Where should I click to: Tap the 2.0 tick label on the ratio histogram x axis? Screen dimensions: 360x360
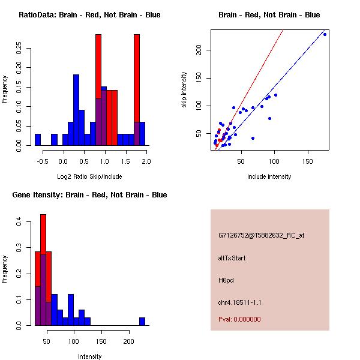coord(146,161)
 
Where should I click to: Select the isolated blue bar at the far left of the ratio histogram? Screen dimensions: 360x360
coord(38,139)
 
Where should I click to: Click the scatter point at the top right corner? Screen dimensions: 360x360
coord(325,34)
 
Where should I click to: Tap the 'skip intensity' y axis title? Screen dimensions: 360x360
coord(184,90)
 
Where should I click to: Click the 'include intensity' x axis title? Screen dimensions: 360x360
coord(269,176)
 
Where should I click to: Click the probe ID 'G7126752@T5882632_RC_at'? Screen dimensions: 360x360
coord(262,236)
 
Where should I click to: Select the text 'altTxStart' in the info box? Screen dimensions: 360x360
coord(232,258)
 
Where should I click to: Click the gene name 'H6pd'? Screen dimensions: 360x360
coord(225,280)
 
